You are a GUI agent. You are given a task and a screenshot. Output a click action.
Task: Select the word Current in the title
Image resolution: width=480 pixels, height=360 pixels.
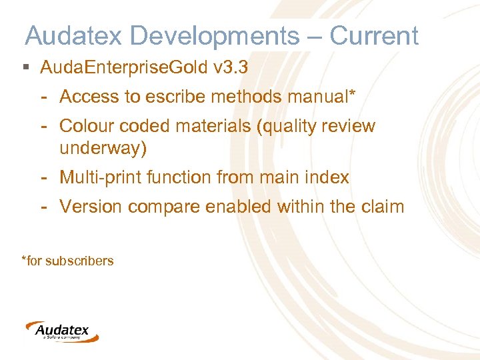click(x=374, y=35)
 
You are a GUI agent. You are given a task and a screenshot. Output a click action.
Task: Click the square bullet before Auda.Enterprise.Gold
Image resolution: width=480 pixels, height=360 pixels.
click(x=26, y=68)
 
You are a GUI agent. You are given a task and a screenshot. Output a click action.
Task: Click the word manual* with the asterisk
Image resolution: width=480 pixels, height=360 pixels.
click(x=322, y=97)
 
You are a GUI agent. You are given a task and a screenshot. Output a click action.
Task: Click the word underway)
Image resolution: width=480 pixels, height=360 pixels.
click(x=103, y=147)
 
